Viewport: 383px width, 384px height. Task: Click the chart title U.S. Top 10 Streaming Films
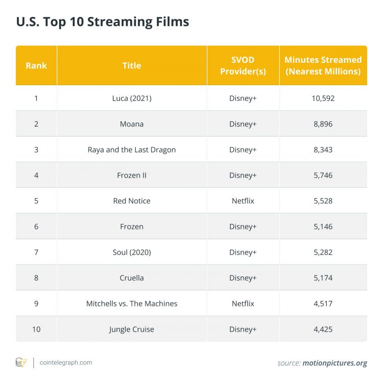click(103, 22)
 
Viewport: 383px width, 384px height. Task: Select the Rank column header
click(36, 65)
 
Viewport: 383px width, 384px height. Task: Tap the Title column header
click(132, 65)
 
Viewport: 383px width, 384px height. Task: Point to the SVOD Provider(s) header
click(243, 65)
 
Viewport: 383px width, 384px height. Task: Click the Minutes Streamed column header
click(323, 65)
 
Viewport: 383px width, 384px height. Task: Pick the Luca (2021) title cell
click(132, 98)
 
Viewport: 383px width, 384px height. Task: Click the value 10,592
click(323, 98)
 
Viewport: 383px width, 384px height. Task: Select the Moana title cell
click(132, 124)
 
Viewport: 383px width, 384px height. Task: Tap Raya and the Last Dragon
click(132, 149)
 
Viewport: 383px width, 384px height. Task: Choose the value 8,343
click(323, 149)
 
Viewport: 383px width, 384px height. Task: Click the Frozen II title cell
click(132, 175)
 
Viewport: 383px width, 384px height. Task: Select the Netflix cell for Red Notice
click(243, 201)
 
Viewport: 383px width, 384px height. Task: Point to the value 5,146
click(323, 226)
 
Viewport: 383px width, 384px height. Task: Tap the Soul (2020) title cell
click(132, 252)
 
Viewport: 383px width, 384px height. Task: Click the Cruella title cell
click(132, 278)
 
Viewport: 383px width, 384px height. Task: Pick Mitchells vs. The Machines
click(132, 303)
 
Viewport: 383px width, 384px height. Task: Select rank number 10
click(36, 329)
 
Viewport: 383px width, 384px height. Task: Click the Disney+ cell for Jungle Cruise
click(243, 329)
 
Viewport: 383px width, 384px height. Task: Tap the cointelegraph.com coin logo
click(21, 363)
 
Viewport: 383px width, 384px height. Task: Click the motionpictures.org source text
click(334, 363)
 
